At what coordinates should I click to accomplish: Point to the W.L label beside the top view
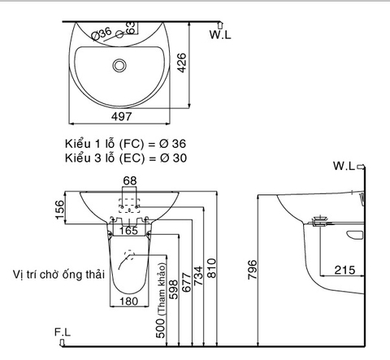point(221,34)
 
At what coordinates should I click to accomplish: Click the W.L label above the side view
point(344,166)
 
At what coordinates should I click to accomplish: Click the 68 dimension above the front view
point(131,180)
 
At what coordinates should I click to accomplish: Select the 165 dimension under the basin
point(130,232)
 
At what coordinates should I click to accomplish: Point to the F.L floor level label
point(63,332)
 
